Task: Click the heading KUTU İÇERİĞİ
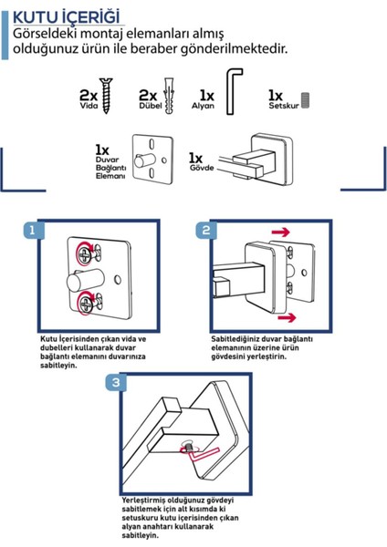66,17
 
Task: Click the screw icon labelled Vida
106,96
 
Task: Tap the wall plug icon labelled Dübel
169,96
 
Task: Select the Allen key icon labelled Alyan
234,91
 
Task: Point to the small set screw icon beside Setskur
305,100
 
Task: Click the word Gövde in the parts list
202,168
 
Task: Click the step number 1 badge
33,230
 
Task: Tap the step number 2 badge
205,230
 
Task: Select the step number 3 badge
116,382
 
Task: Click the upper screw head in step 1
85,255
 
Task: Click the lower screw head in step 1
85,304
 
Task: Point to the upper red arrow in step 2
281,232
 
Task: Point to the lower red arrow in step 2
287,317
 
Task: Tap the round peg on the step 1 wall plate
85,281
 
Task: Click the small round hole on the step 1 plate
118,280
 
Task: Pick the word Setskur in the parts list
284,106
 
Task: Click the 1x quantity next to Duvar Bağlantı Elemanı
102,150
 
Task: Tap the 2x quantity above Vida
89,95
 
